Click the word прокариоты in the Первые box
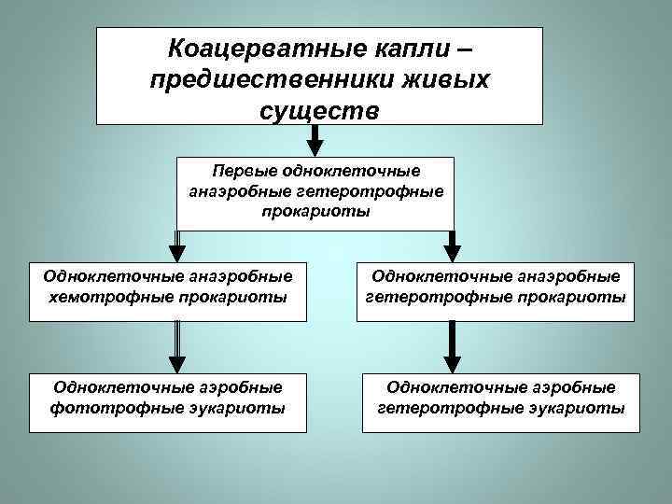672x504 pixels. click(315, 211)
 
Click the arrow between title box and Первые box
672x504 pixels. click(315, 140)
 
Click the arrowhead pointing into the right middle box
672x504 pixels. click(452, 252)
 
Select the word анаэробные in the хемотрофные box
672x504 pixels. click(239, 275)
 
